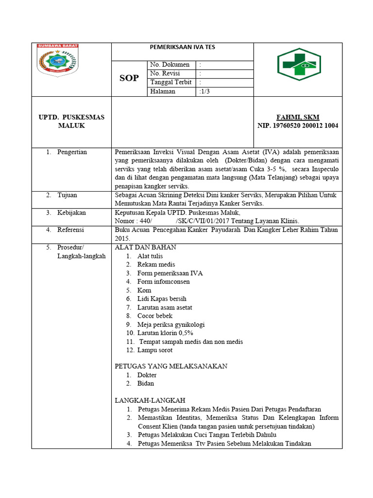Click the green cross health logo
tap(299, 68)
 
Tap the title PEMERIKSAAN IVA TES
tap(182, 48)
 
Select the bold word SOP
tap(129, 78)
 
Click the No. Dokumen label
tap(170, 65)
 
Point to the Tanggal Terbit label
tap(171, 82)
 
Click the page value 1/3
tap(205, 91)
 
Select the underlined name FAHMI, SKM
tap(298, 117)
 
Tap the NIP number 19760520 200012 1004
tap(298, 125)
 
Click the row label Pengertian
tap(72, 152)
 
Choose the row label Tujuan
tap(67, 195)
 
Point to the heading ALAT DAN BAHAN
tap(145, 247)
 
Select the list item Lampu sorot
tap(154, 350)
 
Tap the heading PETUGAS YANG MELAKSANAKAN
tap(171, 366)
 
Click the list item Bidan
tap(146, 383)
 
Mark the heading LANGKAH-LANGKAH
tap(150, 400)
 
